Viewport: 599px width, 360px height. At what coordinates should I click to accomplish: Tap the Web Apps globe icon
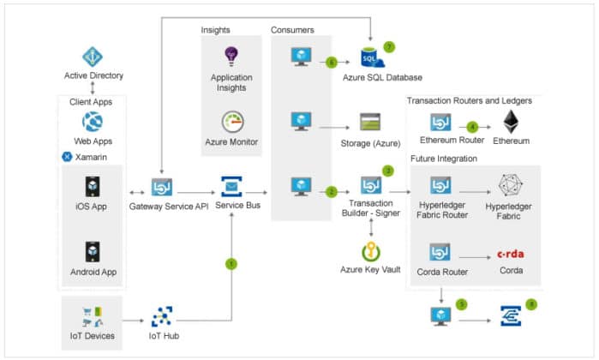(93, 121)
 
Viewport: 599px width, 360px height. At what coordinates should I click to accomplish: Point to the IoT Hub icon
(163, 317)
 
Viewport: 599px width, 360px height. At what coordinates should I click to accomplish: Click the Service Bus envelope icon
(232, 187)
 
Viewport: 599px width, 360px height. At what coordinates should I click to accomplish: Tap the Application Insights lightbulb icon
(231, 57)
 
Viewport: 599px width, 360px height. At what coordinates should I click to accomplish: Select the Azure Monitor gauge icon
(231, 122)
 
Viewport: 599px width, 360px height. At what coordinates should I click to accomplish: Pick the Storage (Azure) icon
(370, 122)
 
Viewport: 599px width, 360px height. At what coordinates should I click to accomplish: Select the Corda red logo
(511, 254)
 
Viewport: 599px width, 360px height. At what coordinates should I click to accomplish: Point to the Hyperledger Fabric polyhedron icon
(511, 186)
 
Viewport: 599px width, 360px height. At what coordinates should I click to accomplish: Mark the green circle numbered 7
(389, 45)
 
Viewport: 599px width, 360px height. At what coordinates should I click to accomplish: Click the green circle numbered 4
(472, 128)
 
